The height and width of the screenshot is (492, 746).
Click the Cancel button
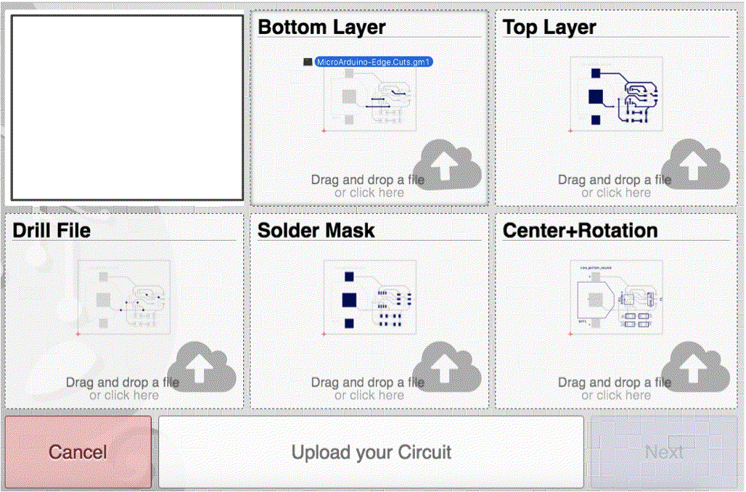pos(78,451)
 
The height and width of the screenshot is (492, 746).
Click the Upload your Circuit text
pos(371,452)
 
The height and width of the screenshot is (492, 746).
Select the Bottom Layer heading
pos(321,28)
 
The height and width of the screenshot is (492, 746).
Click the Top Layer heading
pos(549,28)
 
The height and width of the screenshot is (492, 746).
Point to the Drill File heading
pos(52,231)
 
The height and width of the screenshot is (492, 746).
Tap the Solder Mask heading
pos(316,231)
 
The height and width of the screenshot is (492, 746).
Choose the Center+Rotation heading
pos(580,231)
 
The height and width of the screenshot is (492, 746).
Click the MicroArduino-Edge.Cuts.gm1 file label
pos(374,62)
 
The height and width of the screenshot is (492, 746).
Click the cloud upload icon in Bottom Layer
pos(448,165)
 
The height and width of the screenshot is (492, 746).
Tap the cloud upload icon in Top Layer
pos(695,165)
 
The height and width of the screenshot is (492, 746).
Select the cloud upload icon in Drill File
pos(202,368)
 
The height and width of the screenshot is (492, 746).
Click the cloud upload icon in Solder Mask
pos(448,368)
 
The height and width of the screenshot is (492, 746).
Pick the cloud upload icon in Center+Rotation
pos(695,368)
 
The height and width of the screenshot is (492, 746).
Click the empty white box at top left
pos(127,107)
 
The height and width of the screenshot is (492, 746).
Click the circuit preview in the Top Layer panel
pos(616,94)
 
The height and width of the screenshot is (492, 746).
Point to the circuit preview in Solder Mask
pos(369,298)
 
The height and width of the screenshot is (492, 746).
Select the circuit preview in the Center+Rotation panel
pos(616,298)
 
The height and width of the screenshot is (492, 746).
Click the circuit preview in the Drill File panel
pos(124,298)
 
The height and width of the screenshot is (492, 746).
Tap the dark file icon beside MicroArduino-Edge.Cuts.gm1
pos(308,62)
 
